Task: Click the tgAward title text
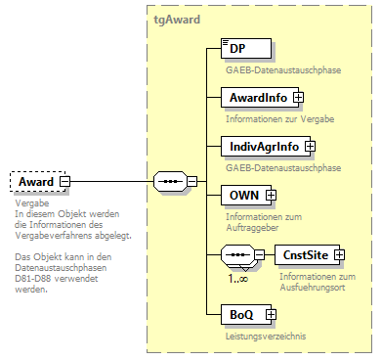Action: [x=177, y=19]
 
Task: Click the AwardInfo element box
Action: [x=259, y=98]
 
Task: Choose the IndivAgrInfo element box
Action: [x=263, y=147]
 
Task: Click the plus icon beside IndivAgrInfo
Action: [x=309, y=147]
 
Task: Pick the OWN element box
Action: [x=244, y=196]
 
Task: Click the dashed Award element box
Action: [x=36, y=181]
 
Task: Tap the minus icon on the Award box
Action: [x=64, y=181]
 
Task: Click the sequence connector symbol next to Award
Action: [x=170, y=181]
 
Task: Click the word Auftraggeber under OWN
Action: [x=251, y=227]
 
